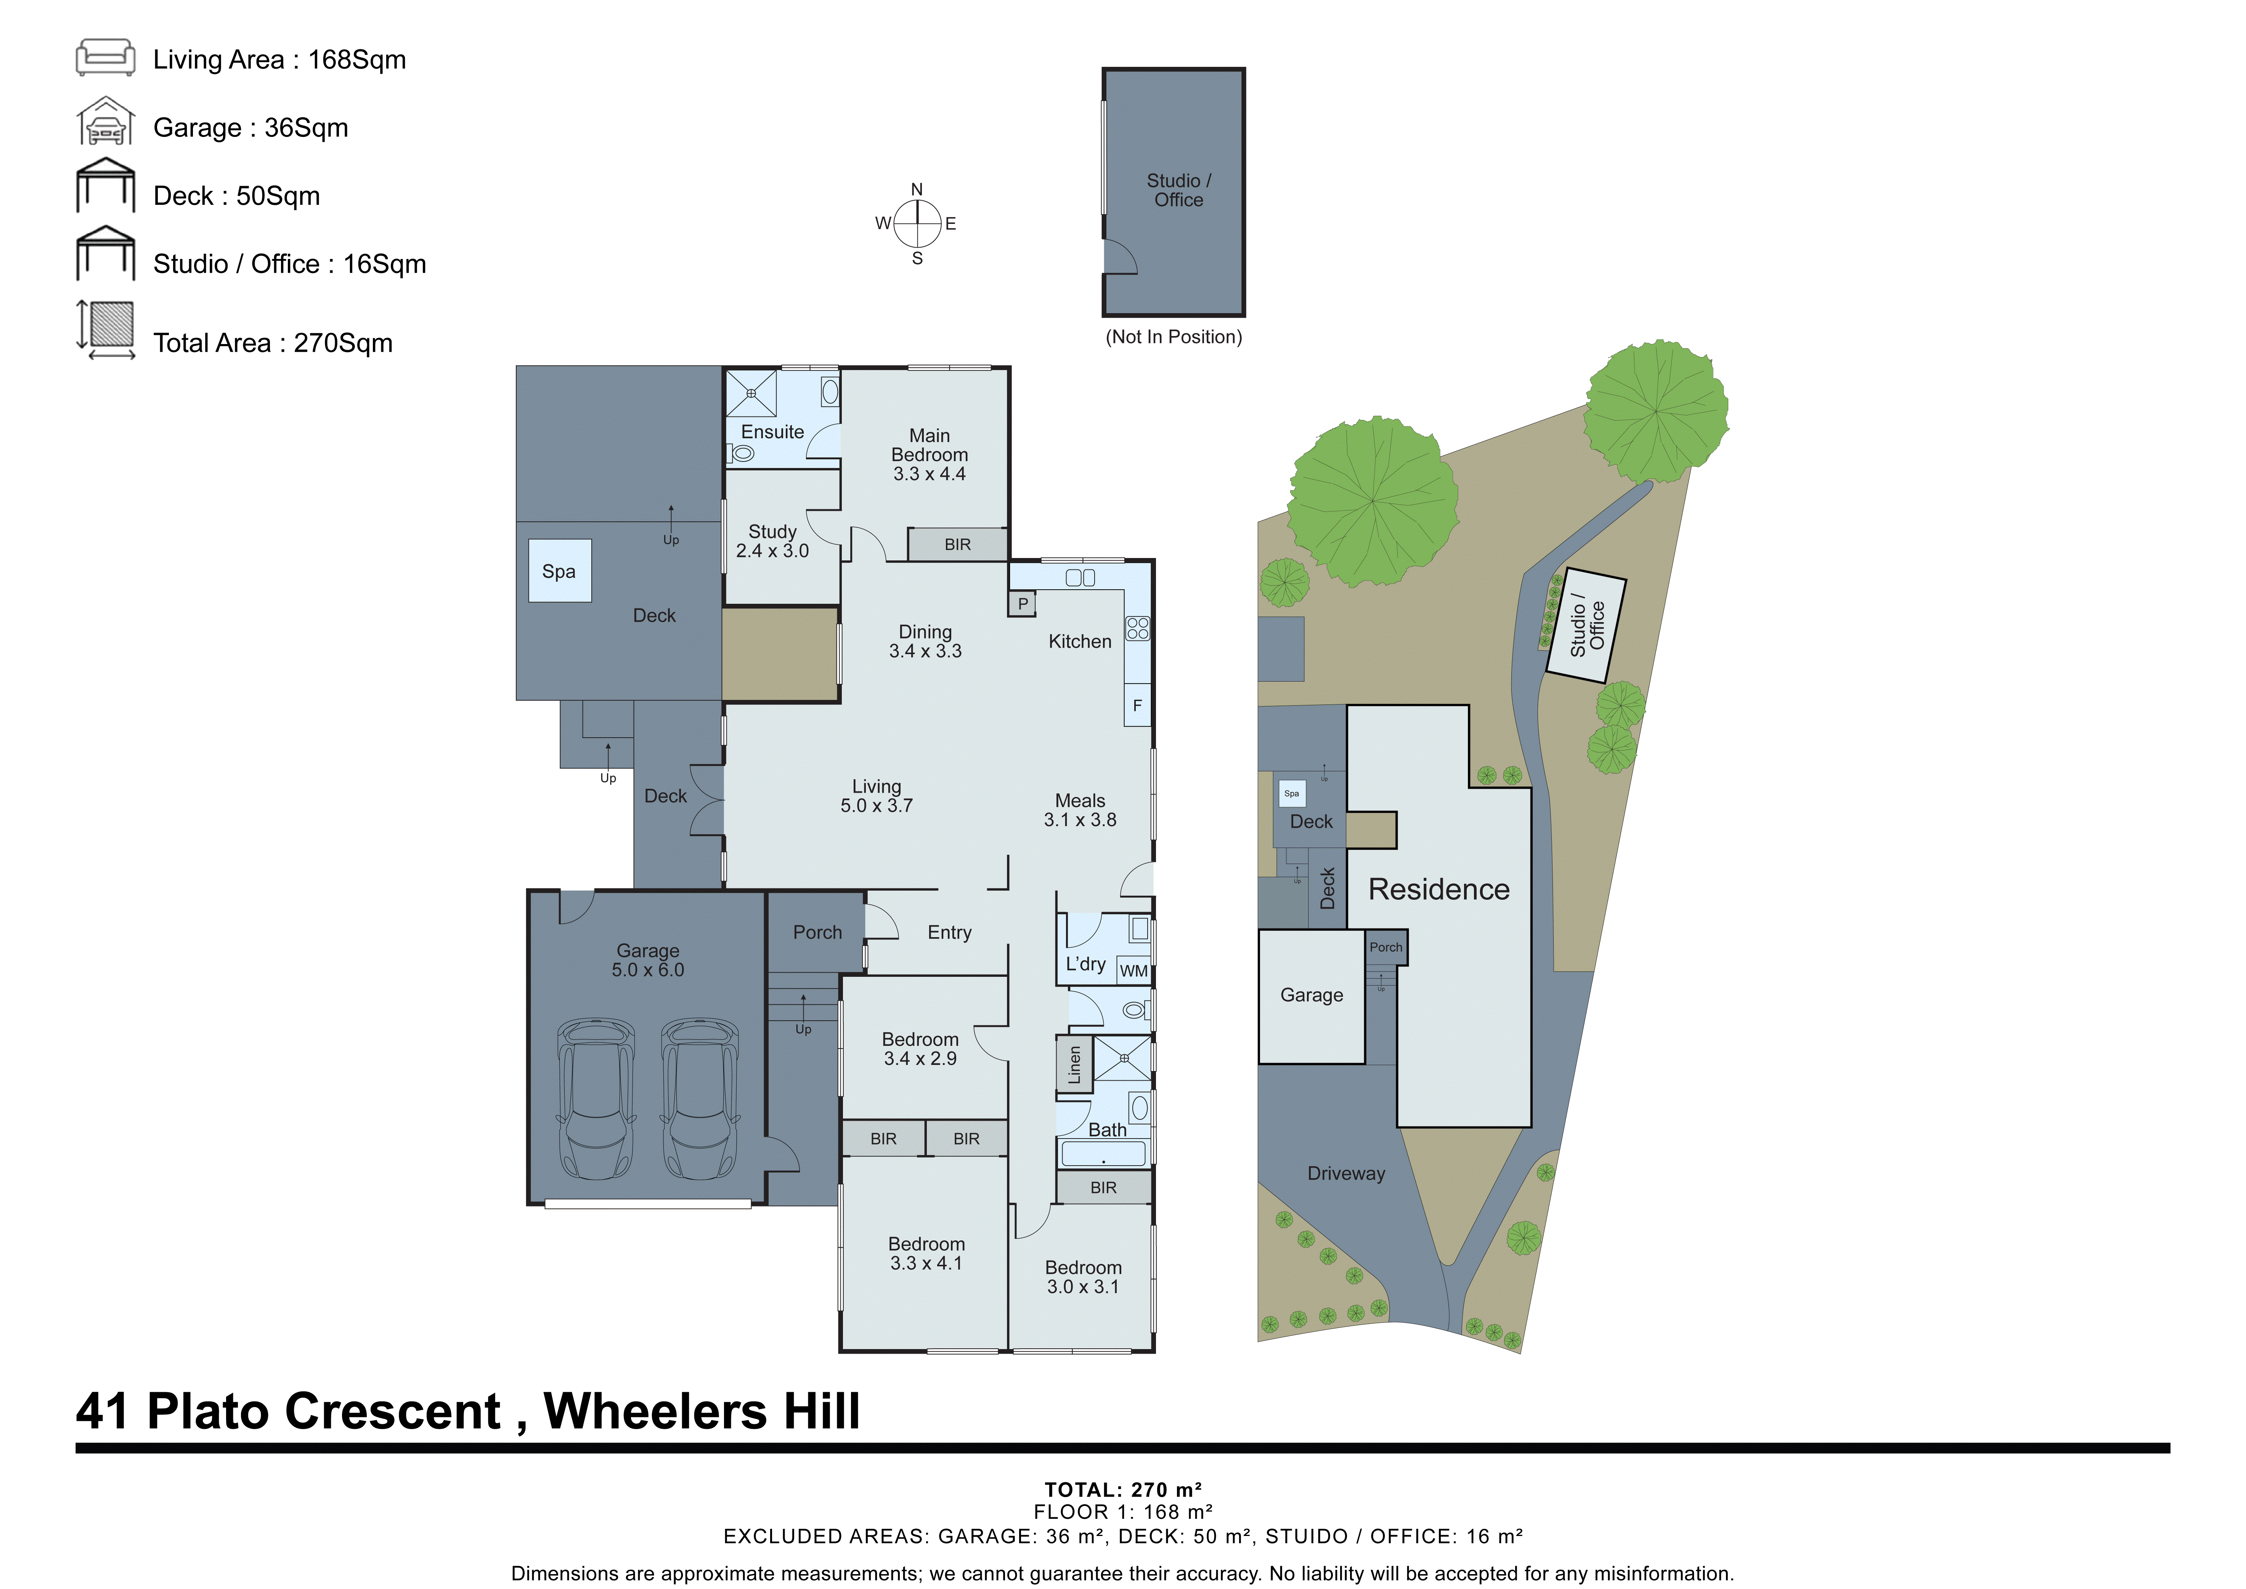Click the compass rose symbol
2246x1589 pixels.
coord(918,224)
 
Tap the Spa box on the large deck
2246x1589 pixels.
coord(559,571)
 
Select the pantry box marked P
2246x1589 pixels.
coord(1022,604)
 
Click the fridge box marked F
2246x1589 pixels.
coord(1137,706)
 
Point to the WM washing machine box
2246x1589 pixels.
coord(1134,971)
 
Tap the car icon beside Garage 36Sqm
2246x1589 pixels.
coord(106,123)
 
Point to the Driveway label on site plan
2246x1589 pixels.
coord(1346,1173)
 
